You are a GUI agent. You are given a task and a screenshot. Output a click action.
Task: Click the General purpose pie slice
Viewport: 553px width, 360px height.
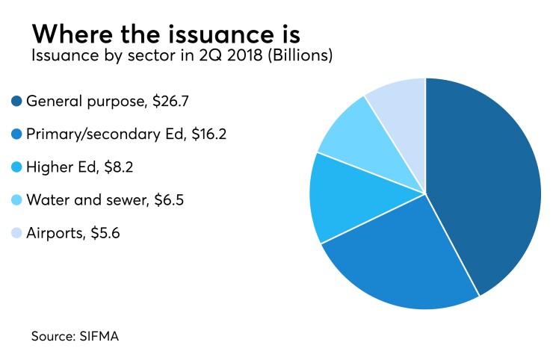coord(486,179)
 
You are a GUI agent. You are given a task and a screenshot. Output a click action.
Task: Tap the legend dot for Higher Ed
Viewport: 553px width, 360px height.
coord(16,167)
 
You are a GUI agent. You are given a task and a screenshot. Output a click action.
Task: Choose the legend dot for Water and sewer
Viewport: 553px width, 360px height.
coord(16,199)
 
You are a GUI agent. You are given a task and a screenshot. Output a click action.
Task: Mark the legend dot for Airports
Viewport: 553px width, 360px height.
coord(16,233)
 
